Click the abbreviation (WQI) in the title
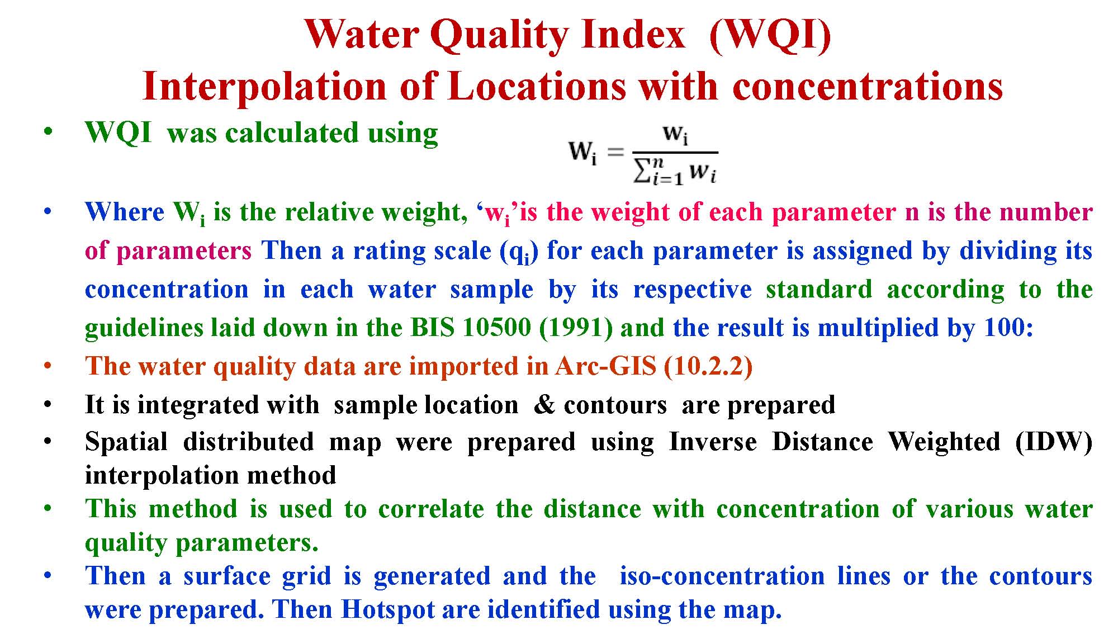pos(770,35)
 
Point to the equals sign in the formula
pos(615,152)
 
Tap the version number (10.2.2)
pos(708,366)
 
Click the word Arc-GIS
pos(605,366)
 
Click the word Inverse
pos(713,442)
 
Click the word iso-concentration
pos(722,576)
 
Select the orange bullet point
pos(48,367)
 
